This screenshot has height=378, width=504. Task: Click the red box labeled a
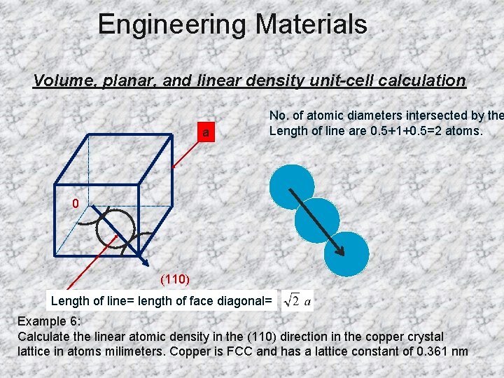click(x=205, y=132)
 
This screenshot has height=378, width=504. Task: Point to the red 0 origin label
click(x=75, y=204)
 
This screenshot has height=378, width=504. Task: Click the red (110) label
click(x=174, y=279)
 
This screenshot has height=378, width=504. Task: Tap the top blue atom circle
click(x=292, y=187)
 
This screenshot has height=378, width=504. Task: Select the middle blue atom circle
click(x=317, y=220)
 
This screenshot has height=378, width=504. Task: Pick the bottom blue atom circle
click(x=346, y=253)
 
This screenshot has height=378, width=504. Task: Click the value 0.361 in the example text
click(x=431, y=351)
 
